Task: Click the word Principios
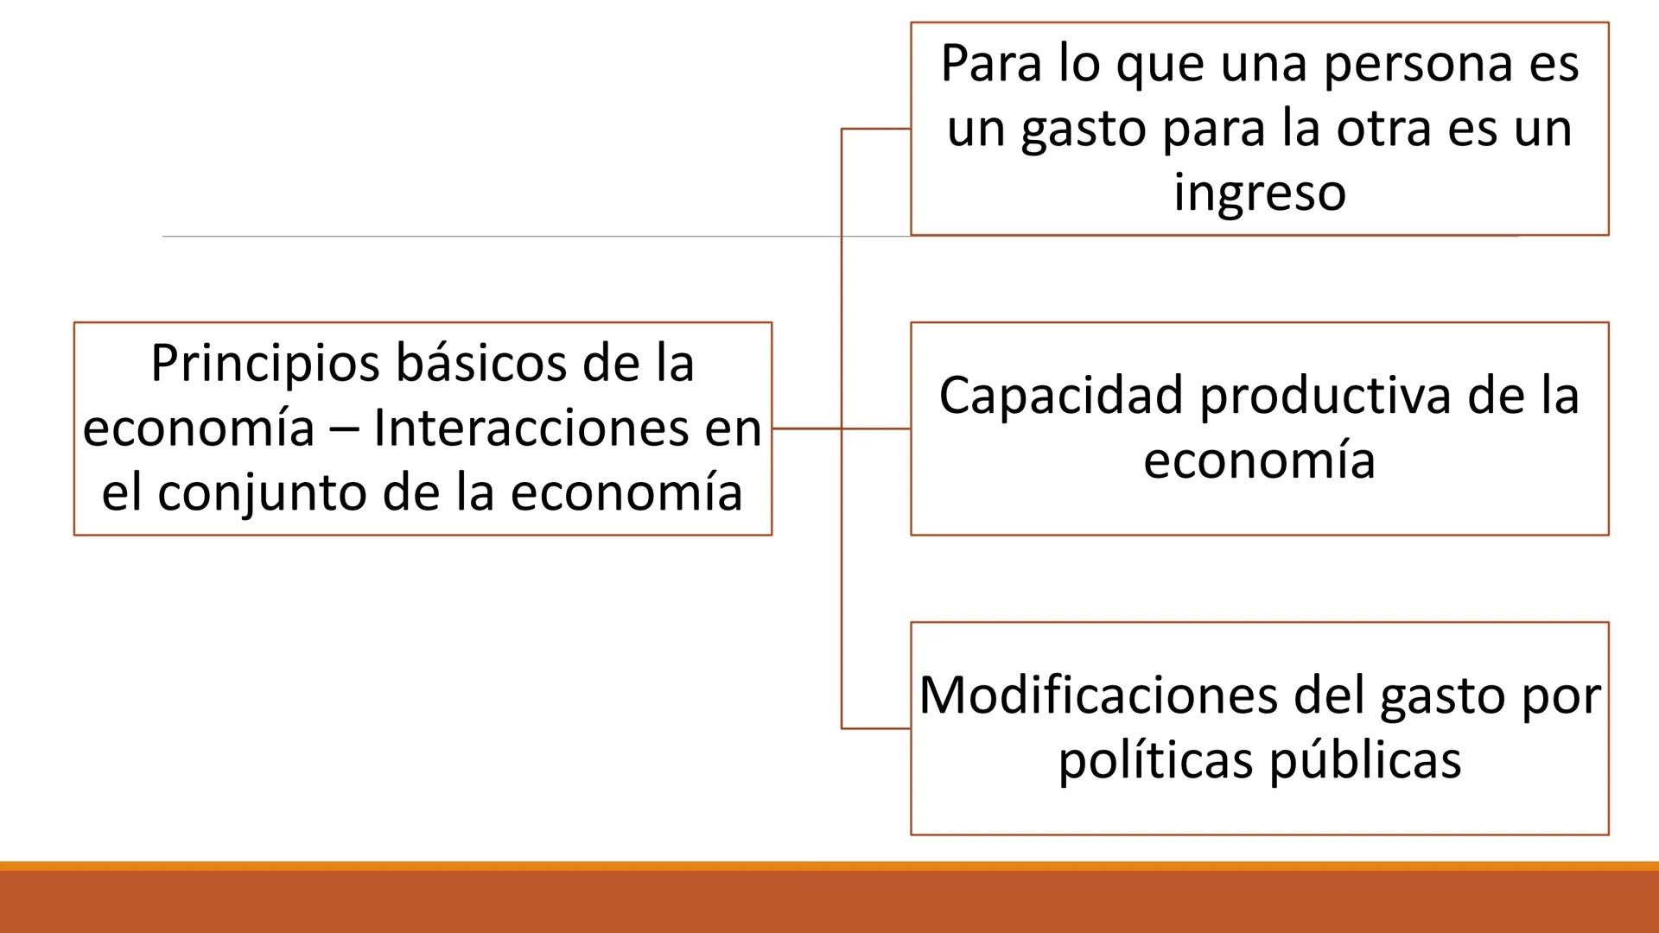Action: [265, 364]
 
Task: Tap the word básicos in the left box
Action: [480, 363]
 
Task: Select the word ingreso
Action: [1260, 192]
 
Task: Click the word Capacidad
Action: [1062, 396]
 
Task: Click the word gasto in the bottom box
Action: [1441, 696]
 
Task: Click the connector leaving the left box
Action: [805, 428]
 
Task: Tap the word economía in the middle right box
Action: [1259, 460]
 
